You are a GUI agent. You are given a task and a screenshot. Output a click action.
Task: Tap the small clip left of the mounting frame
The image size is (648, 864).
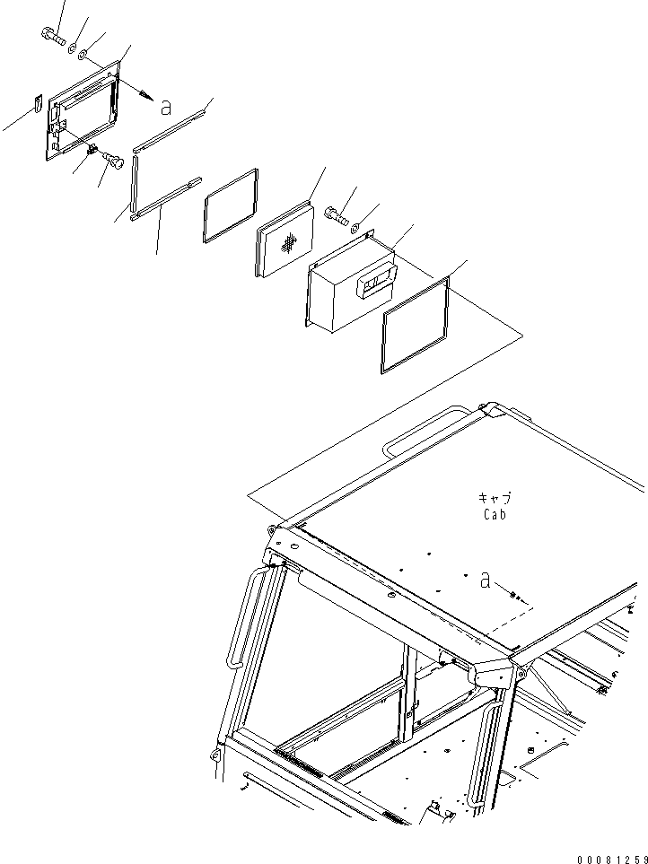pyautogui.click(x=38, y=103)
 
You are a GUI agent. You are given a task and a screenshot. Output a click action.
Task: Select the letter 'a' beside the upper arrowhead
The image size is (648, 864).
pyautogui.click(x=165, y=107)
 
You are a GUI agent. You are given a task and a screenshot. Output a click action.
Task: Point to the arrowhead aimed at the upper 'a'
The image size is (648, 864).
pyautogui.click(x=146, y=95)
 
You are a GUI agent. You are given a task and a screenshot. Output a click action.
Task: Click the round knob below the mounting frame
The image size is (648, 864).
pyautogui.click(x=114, y=161)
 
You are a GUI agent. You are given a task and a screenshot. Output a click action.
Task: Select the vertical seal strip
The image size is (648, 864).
pyautogui.click(x=133, y=180)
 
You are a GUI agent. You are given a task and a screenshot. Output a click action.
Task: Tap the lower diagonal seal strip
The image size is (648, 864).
pyautogui.click(x=166, y=198)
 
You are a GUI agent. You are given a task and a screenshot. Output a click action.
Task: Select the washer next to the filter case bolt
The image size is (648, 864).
pyautogui.click(x=356, y=225)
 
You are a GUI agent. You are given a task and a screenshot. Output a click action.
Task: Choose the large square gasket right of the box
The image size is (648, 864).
pyautogui.click(x=415, y=326)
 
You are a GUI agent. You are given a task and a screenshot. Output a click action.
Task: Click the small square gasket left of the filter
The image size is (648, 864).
pyautogui.click(x=231, y=205)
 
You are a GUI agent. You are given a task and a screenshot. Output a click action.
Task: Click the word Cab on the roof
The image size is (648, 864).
pyautogui.click(x=495, y=515)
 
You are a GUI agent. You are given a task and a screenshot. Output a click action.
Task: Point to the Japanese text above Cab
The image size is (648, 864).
pyautogui.click(x=494, y=499)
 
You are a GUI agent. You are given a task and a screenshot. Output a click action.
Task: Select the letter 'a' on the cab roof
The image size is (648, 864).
pyautogui.click(x=485, y=580)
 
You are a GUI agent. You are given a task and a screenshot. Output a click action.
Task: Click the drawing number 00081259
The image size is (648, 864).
pyautogui.click(x=611, y=859)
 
